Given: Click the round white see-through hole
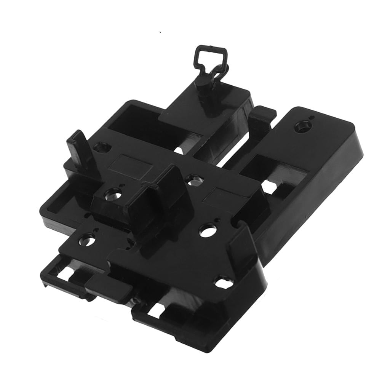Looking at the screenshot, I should point(207,230).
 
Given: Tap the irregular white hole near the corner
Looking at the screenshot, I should point(222,283).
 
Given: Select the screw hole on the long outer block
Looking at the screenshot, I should point(303,125).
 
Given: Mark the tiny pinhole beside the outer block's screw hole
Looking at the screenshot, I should point(312,118).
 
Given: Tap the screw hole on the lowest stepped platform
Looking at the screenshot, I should point(87,241).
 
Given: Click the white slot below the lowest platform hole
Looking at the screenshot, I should point(67,273).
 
